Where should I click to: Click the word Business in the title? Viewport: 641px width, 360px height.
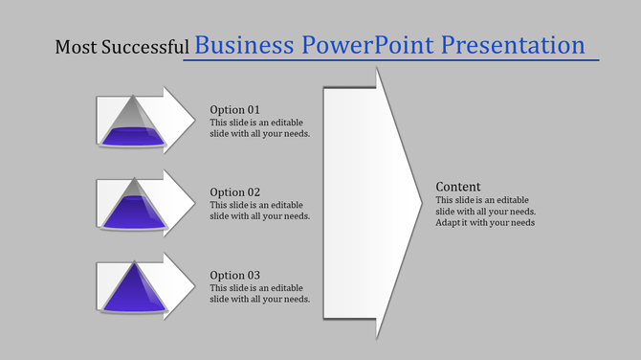pyautogui.click(x=245, y=45)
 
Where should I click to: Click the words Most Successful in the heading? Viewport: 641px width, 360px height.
pyautogui.click(x=122, y=47)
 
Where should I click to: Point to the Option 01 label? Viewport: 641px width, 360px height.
pyautogui.click(x=234, y=109)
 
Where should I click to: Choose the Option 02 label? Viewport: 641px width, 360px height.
pyautogui.click(x=234, y=191)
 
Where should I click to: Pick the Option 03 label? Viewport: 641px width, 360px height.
pyautogui.click(x=234, y=275)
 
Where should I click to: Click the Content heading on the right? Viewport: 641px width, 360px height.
pyautogui.click(x=458, y=186)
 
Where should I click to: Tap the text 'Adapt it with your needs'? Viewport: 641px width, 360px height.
pyautogui.click(x=485, y=222)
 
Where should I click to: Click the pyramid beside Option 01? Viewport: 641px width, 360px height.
pyautogui.click(x=134, y=125)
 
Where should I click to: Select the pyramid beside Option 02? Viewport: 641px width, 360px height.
pyautogui.click(x=134, y=207)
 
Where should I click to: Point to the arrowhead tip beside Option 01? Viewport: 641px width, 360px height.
pyautogui.click(x=193, y=120)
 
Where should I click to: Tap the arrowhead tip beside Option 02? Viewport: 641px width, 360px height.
pyautogui.click(x=193, y=202)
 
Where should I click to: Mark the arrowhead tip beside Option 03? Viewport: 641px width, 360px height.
pyautogui.click(x=193, y=285)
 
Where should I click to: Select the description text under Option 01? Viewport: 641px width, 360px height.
pyautogui.click(x=259, y=127)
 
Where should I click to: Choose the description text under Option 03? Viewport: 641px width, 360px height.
pyautogui.click(x=259, y=293)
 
